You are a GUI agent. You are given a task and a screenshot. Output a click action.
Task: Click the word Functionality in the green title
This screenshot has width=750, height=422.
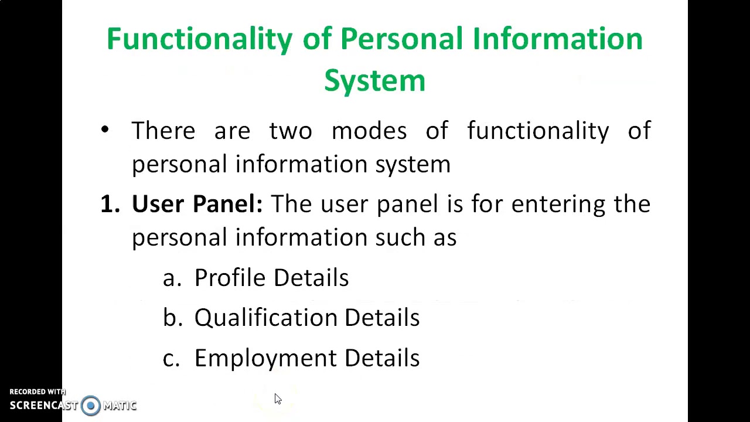tap(199, 39)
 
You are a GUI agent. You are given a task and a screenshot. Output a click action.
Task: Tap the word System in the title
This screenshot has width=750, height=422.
tap(374, 80)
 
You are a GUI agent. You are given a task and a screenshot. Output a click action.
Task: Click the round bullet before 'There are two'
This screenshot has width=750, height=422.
tap(105, 130)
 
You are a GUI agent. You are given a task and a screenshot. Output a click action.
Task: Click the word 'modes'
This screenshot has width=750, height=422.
tap(369, 130)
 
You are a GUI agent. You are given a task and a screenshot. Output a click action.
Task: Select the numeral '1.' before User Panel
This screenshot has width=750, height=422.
tap(110, 204)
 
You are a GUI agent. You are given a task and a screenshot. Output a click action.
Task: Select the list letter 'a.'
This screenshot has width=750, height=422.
tap(172, 278)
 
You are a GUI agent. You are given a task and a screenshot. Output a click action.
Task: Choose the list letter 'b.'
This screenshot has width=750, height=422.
tap(172, 317)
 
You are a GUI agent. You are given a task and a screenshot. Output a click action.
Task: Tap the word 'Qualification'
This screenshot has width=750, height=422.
tap(265, 318)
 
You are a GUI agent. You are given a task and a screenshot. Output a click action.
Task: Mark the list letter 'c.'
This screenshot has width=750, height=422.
tap(171, 358)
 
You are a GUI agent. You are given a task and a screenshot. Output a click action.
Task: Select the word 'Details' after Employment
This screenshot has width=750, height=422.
tap(381, 358)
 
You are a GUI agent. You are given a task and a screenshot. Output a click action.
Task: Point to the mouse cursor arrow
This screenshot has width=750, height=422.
tap(278, 399)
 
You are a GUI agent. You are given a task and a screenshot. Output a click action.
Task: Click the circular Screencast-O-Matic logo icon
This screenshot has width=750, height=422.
tap(91, 406)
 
